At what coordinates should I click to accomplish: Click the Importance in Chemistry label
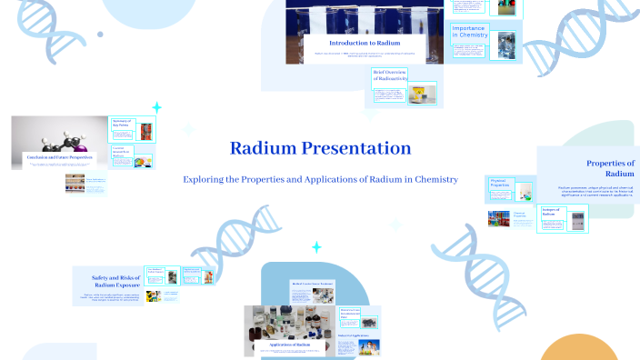tap(468, 34)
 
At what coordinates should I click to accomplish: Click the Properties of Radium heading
tap(610, 168)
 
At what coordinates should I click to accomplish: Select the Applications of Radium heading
tap(291, 345)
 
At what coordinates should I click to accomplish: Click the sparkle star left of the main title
tap(156, 107)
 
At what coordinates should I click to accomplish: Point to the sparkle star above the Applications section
tap(316, 247)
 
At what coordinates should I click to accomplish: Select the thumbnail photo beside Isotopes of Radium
tap(581, 218)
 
